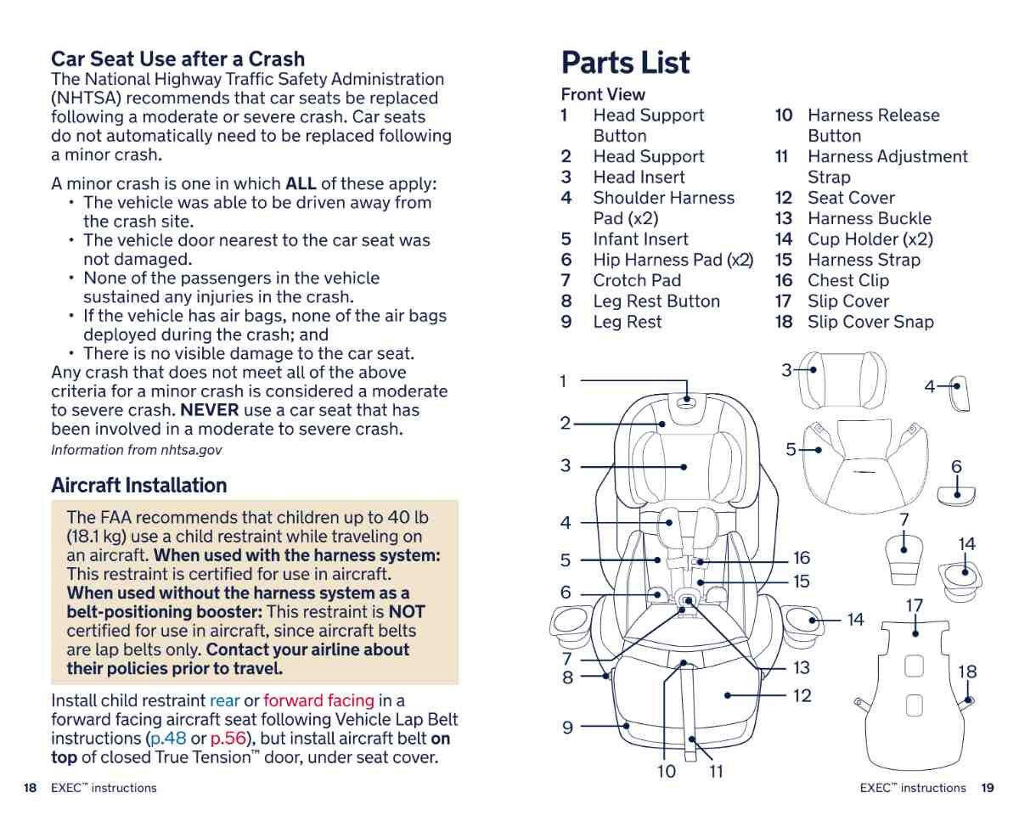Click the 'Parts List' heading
[625, 63]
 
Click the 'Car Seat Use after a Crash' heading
[177, 59]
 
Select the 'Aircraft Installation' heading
[138, 486]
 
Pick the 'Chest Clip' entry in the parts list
[847, 280]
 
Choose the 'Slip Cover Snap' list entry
[870, 322]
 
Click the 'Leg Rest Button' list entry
[656, 301]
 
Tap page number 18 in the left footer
[30, 788]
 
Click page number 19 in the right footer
[987, 788]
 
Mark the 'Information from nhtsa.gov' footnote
[136, 450]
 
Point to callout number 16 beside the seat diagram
[801, 559]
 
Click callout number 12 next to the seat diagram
[801, 696]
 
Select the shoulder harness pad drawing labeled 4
[959, 394]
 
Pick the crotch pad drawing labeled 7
[905, 556]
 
